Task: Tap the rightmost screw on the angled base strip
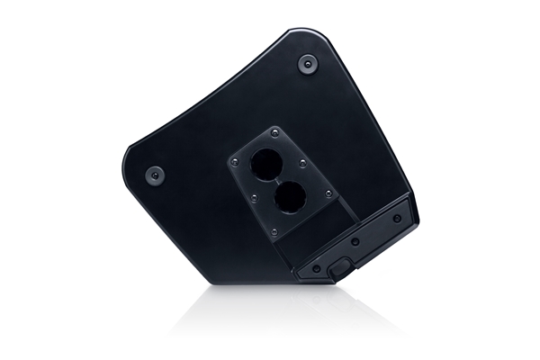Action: click(397, 218)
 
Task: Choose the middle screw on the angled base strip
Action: click(355, 242)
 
